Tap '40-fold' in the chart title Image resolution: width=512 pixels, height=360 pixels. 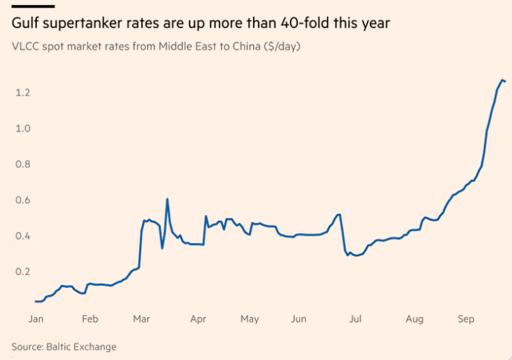(x=305, y=23)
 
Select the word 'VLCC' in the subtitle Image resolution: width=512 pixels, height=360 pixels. (x=25, y=46)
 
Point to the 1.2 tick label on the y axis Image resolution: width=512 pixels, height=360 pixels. (x=23, y=93)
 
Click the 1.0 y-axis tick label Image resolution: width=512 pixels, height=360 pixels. (x=23, y=128)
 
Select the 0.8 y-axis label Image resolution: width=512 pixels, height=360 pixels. (x=23, y=164)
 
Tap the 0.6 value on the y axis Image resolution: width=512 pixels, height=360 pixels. (x=23, y=200)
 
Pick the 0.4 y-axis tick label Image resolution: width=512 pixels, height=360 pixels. (x=23, y=236)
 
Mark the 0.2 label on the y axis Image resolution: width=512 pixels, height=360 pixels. (x=23, y=272)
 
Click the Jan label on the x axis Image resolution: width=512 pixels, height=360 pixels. (x=35, y=319)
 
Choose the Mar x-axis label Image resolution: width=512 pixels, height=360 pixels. (x=141, y=319)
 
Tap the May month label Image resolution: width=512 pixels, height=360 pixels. (x=249, y=320)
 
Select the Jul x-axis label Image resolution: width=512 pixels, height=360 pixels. (x=355, y=319)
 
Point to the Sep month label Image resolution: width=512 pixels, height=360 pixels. (x=466, y=320)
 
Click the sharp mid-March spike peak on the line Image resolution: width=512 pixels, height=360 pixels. (x=167, y=199)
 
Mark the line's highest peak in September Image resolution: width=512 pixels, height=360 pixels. (x=502, y=80)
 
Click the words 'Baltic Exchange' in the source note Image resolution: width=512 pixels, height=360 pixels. (x=82, y=347)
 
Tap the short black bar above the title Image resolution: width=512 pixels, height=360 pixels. (x=33, y=6)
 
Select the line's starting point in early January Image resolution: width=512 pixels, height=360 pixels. (x=35, y=301)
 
